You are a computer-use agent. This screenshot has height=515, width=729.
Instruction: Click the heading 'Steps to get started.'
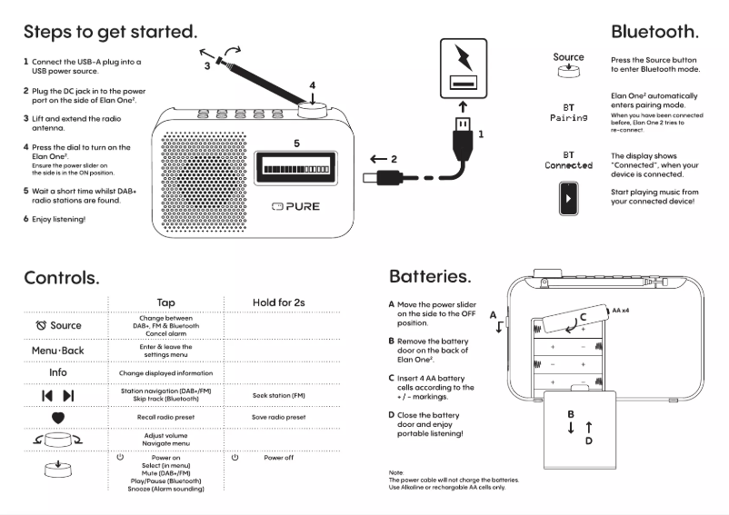pos(110,31)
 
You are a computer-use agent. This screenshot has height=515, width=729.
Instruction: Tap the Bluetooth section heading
pos(654,31)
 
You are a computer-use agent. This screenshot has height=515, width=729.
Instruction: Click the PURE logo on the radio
pos(296,207)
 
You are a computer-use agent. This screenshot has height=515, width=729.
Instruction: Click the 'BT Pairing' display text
pos(568,113)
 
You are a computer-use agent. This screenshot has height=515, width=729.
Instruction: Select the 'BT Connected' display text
pos(568,161)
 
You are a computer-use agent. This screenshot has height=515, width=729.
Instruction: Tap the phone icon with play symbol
pos(568,198)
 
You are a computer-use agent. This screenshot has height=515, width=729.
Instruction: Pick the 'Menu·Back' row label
pos(58,350)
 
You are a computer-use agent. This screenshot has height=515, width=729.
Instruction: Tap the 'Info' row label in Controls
pos(58,372)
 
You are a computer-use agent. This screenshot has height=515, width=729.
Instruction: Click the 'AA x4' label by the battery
pos(622,311)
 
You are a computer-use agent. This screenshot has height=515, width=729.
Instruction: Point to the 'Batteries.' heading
pos(430,276)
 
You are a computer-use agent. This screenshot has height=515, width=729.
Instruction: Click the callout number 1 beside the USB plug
pos(481,134)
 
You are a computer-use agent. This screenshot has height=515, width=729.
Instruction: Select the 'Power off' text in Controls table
pos(278,459)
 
